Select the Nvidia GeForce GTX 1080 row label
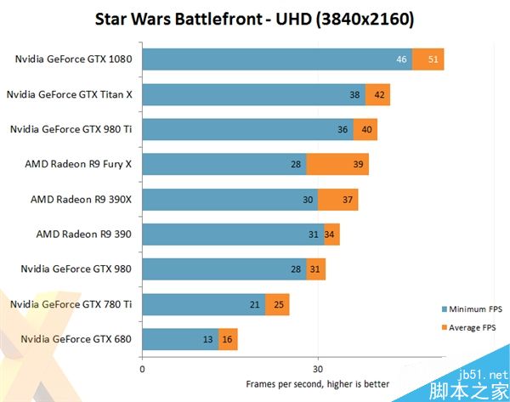[74, 59]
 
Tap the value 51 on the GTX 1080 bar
[434, 59]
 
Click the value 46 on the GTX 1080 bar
[402, 59]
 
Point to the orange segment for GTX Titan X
[377, 95]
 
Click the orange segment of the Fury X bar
[337, 164]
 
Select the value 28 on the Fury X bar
[296, 164]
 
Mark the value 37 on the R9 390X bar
[348, 200]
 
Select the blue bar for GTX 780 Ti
[203, 304]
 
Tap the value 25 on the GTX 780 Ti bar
[279, 304]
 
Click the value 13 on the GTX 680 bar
[208, 340]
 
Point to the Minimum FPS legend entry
[472, 309]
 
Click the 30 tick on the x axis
[318, 368]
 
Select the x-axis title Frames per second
[318, 384]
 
